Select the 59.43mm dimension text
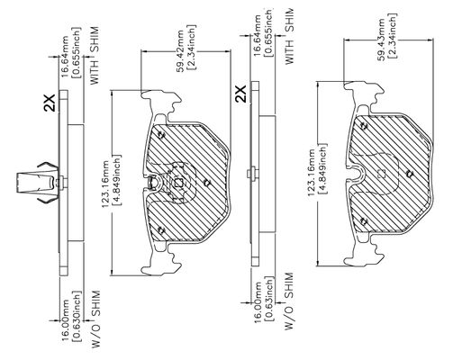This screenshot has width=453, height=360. point(381,40)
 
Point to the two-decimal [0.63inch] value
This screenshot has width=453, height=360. point(269,300)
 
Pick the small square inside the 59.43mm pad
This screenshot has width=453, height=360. point(381,174)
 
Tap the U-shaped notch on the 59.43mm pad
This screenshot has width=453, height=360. point(357,174)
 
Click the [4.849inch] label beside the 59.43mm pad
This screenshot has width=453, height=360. point(322,170)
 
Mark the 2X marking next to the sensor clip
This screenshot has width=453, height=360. point(50,103)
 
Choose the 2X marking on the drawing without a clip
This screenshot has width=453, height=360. point(240,94)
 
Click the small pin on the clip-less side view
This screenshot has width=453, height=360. point(251,174)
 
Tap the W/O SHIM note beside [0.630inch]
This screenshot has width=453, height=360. point(95,319)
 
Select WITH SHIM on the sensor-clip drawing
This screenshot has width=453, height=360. point(95,56)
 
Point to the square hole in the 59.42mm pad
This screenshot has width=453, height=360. point(179,183)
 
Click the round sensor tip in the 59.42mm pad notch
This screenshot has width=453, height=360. point(153,182)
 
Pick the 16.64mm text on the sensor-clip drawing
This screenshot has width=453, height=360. point(66,57)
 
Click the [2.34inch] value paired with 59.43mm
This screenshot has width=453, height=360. point(392,35)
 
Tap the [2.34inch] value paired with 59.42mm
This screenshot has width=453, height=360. point(191,47)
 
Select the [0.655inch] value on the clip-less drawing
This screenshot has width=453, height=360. point(268,32)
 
